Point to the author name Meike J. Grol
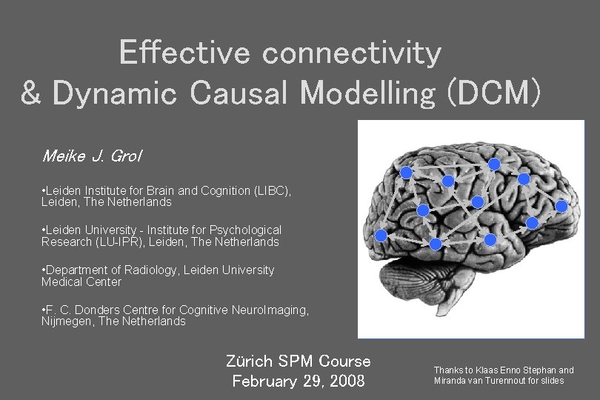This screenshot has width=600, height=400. (92, 156)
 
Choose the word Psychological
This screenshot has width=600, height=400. (245, 230)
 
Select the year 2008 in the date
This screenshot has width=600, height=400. (345, 381)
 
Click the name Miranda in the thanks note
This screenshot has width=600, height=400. (452, 381)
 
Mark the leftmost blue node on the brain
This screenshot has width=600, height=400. (381, 236)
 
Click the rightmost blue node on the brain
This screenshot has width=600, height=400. (561, 207)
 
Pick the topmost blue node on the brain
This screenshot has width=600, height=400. (494, 164)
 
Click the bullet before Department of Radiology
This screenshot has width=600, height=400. (44, 270)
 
